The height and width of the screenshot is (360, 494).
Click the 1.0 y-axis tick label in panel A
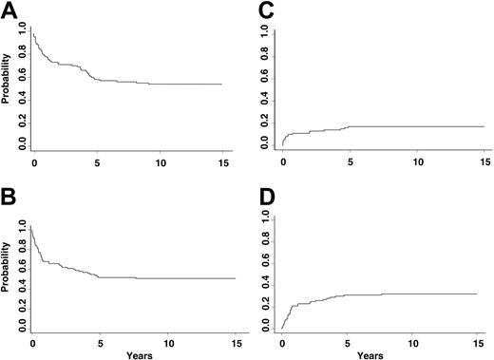tap(23, 34)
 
